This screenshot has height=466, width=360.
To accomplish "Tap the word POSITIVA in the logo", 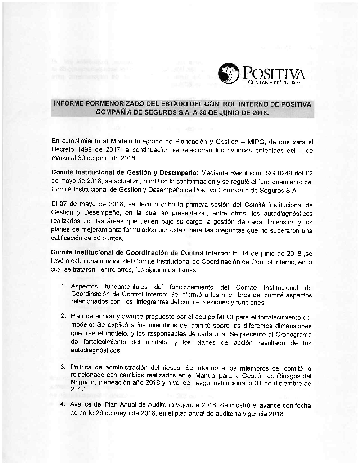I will [x=275, y=74].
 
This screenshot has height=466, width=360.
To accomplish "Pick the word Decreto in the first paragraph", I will [x=63, y=150].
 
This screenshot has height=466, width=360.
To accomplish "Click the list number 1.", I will [x=63, y=287].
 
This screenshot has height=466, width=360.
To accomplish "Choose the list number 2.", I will [x=63, y=317].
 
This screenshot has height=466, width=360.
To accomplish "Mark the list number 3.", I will [x=63, y=368].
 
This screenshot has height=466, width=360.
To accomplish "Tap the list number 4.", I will [x=63, y=404].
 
